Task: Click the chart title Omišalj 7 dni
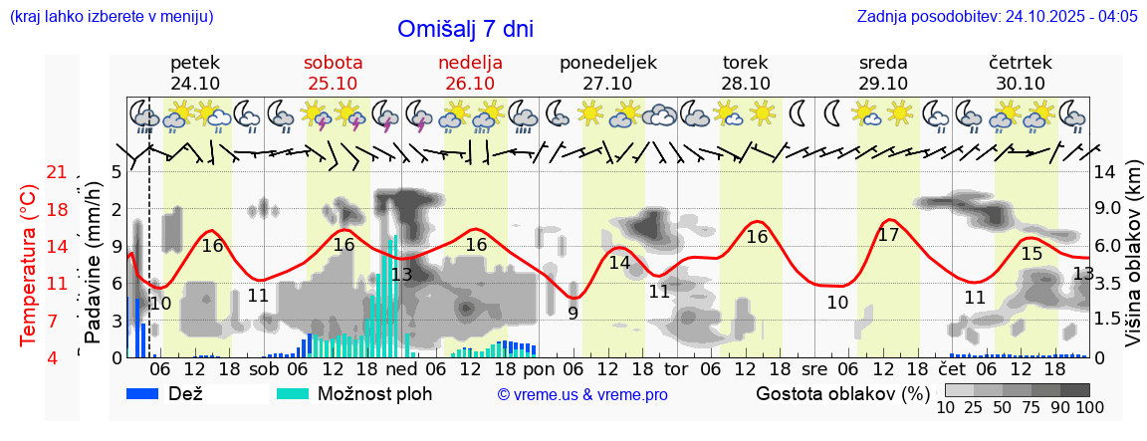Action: click(x=465, y=29)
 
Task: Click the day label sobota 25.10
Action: click(x=333, y=73)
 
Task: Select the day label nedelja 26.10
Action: click(x=470, y=73)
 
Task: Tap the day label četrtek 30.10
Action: click(x=1021, y=73)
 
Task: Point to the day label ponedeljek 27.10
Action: click(x=607, y=73)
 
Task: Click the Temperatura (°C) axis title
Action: click(x=29, y=265)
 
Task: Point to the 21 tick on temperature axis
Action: click(x=57, y=173)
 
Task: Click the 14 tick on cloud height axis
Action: click(x=1105, y=171)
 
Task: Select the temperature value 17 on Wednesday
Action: click(x=888, y=235)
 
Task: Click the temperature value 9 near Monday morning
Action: click(x=573, y=313)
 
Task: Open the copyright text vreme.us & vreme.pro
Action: click(x=582, y=394)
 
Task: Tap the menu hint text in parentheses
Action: click(x=111, y=17)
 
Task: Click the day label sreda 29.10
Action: click(x=882, y=73)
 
